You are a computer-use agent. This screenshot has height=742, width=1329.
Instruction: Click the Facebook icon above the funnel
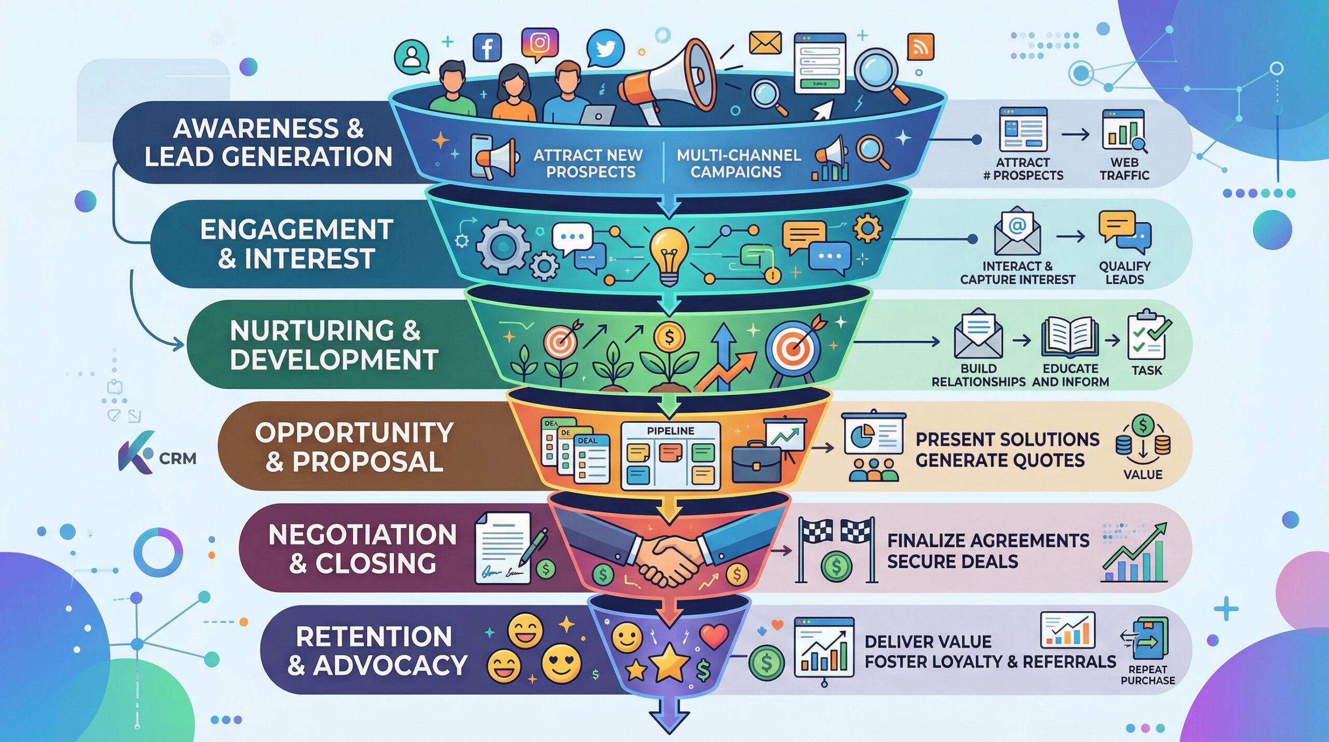487,47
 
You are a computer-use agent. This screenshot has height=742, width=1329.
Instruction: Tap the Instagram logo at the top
539,43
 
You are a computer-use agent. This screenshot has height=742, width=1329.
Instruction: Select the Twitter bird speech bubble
605,49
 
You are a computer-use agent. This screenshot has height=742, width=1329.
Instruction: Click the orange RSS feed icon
920,47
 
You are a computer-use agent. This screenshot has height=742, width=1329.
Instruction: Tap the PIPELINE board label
670,431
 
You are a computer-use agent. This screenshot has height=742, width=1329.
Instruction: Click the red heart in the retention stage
714,636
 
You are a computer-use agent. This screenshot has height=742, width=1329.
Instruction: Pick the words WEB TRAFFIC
1124,169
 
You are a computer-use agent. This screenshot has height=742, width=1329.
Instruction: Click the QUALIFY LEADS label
1124,273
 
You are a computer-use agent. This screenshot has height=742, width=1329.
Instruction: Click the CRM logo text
178,458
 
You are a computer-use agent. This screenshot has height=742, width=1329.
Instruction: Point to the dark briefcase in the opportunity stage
756,463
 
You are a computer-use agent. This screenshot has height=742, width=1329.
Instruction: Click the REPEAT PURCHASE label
1148,674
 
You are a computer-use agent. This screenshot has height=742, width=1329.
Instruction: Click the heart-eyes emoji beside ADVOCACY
561,664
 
